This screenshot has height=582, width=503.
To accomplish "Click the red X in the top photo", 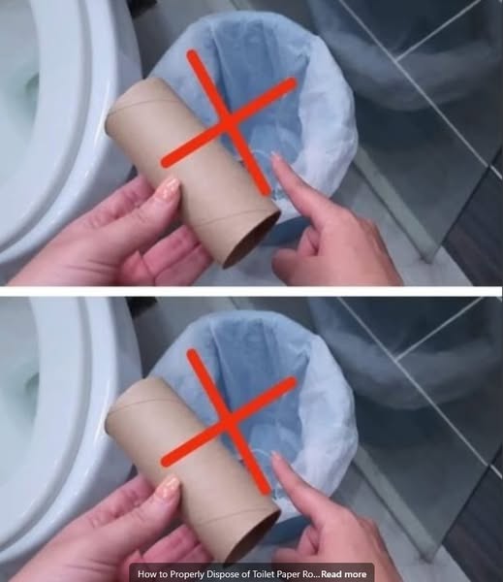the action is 229,122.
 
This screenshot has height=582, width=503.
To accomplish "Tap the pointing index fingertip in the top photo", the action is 276,159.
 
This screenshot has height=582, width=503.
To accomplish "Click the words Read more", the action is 343,574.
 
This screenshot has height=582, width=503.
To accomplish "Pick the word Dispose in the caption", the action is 221,574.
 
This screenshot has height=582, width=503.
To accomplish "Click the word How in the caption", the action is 147,574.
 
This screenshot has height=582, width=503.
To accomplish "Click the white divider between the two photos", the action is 252,291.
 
